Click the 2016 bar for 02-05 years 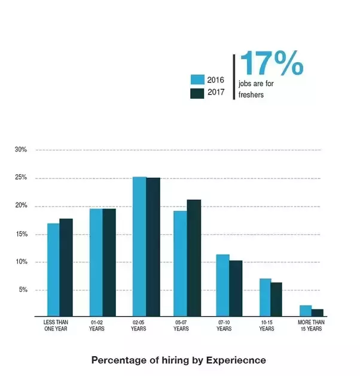pyautogui.click(x=139, y=246)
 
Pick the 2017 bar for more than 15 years pyautogui.click(x=318, y=313)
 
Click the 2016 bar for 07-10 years pyautogui.click(x=222, y=285)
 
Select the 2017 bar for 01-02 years pyautogui.click(x=109, y=262)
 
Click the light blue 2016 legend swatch pyautogui.click(x=197, y=80)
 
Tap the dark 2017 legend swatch pyautogui.click(x=197, y=93)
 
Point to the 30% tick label pyautogui.click(x=21, y=150)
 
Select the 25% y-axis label pyautogui.click(x=21, y=178)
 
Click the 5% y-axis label pyautogui.click(x=22, y=290)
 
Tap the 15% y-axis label pyautogui.click(x=21, y=234)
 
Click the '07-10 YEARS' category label pyautogui.click(x=224, y=325)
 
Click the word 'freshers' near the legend pyautogui.click(x=251, y=95)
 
